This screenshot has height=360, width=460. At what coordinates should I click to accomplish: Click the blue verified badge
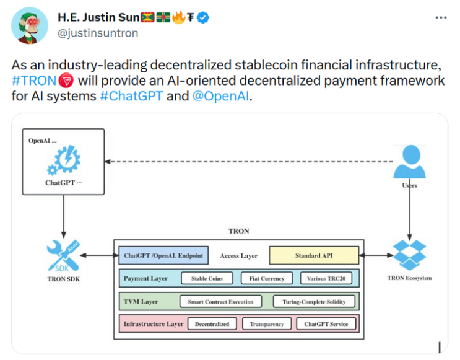(202, 17)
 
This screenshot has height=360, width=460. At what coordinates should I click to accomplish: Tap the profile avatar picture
(30, 25)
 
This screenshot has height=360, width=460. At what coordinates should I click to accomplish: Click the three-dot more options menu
(441, 18)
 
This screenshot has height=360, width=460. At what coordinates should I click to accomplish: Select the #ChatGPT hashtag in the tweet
(131, 96)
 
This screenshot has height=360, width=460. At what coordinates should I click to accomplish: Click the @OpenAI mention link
(220, 96)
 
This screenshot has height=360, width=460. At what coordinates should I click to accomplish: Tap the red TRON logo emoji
(66, 81)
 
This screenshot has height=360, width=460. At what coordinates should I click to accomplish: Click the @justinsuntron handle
(98, 33)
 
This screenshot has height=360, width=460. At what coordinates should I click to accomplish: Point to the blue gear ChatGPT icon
(64, 160)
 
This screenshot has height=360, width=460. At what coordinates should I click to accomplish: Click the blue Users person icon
(409, 162)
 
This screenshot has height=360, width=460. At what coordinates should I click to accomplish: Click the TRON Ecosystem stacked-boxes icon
(409, 255)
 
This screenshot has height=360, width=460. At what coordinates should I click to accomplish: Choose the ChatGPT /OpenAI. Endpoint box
(163, 255)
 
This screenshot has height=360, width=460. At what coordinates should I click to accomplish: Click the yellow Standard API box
(314, 255)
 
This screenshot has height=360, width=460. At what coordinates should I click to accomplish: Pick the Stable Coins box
(207, 278)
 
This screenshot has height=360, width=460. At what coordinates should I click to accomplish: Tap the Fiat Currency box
(267, 278)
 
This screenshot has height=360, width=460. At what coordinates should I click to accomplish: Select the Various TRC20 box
(326, 278)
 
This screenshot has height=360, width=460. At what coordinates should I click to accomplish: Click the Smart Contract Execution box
(220, 302)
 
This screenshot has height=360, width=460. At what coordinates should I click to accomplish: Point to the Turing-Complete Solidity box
(314, 302)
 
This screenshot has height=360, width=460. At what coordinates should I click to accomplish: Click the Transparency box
(267, 324)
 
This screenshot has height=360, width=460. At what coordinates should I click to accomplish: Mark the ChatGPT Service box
(326, 324)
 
